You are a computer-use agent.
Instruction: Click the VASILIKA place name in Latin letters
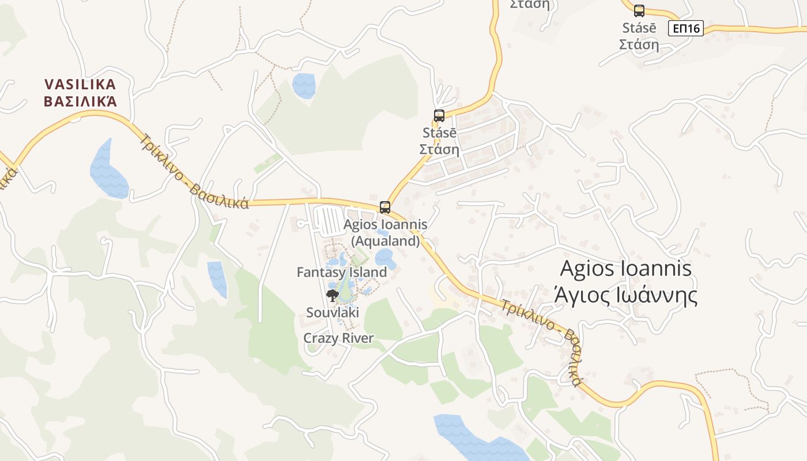(x=80, y=85)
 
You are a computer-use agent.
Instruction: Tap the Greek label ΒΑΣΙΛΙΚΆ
(x=80, y=101)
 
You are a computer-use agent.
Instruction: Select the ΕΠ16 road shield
(x=686, y=28)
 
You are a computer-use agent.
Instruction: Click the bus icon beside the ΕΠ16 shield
(x=639, y=10)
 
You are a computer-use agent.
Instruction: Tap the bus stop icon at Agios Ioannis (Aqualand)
(x=384, y=207)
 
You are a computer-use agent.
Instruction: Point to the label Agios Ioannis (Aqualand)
(x=385, y=232)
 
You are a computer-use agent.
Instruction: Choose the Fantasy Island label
(x=341, y=272)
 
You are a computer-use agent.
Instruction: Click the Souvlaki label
(x=333, y=312)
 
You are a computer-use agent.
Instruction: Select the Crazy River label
(x=338, y=338)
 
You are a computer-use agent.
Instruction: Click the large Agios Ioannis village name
(x=625, y=269)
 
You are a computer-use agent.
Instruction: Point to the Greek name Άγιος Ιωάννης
(x=625, y=295)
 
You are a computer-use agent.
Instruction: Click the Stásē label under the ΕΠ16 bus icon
(x=639, y=28)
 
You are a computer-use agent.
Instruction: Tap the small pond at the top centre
(x=304, y=85)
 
